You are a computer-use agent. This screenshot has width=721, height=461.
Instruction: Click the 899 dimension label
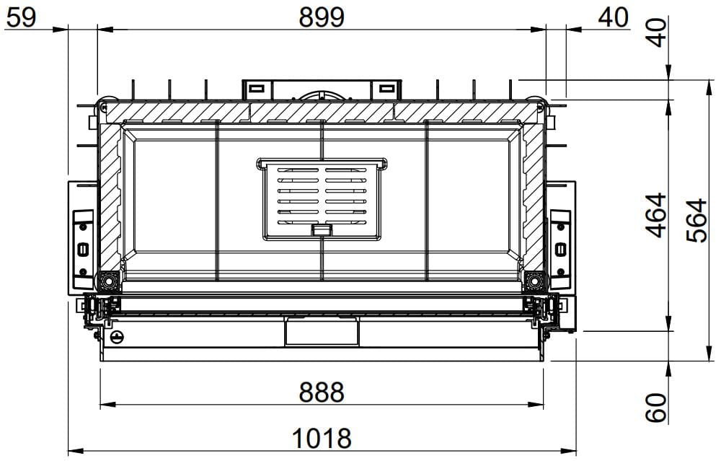click(x=322, y=17)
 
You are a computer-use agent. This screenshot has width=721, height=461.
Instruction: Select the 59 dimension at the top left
click(x=21, y=17)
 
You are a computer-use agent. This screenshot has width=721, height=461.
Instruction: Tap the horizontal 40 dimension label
click(x=614, y=17)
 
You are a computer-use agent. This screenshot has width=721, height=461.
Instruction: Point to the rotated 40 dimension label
click(x=657, y=32)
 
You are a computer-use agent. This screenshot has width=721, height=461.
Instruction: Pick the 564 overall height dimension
click(x=696, y=220)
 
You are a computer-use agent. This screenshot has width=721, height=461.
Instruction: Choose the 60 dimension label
click(x=656, y=408)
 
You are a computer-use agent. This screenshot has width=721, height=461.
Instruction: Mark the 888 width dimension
click(x=322, y=392)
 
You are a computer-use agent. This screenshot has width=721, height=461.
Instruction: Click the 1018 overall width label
click(x=322, y=439)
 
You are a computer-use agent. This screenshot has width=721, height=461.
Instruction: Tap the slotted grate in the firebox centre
click(x=322, y=198)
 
